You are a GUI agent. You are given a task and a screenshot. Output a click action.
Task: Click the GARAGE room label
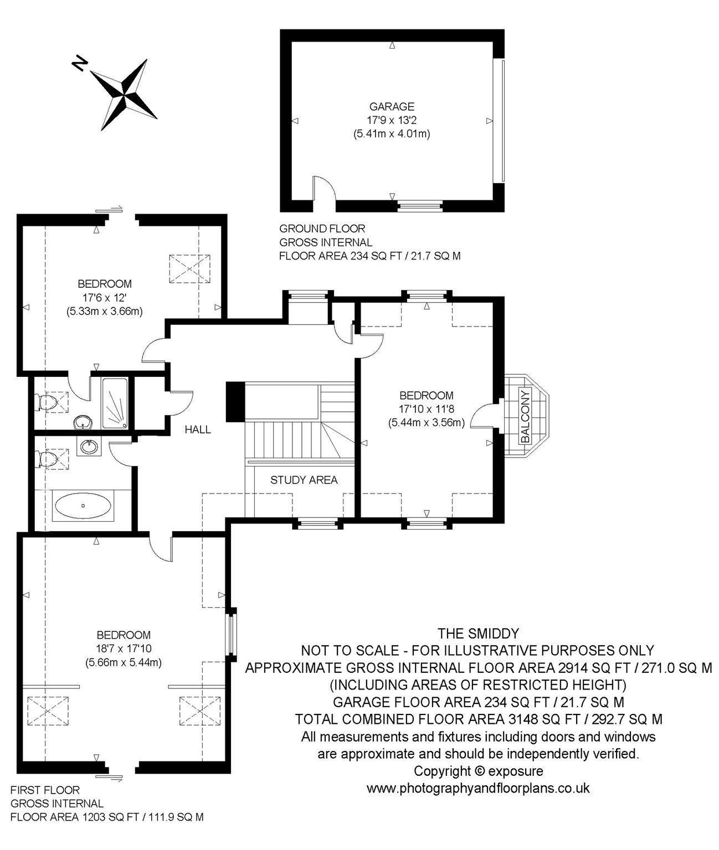pos(392,107)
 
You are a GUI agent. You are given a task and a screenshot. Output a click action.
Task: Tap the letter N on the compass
pos(80,63)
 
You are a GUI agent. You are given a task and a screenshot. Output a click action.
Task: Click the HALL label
pos(198,429)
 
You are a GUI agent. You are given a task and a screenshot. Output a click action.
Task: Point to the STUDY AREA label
pos(304,480)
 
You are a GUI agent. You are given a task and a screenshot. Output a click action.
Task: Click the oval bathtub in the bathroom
pos(83,506)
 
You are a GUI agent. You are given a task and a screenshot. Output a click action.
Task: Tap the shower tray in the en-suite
pos(115,403)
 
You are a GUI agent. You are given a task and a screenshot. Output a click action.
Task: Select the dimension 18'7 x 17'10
pos(124,649)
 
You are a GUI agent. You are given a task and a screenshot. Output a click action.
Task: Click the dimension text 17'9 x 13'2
pos(392,120)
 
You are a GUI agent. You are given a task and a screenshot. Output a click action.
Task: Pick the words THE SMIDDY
pos(478,634)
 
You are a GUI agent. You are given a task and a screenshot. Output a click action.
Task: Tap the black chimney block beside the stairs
pos(235,402)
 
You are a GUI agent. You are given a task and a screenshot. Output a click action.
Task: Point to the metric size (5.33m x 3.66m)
pos(104,312)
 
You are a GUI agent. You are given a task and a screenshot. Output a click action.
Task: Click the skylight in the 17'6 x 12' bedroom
pos(189,269)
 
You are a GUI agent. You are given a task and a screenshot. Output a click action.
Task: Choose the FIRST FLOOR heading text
pos(45,790)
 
